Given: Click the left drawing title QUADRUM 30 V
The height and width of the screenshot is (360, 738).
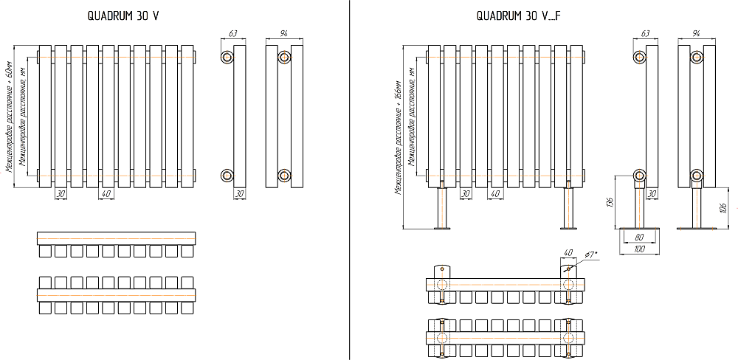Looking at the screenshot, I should (123, 15).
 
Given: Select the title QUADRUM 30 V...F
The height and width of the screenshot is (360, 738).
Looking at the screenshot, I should (519, 15).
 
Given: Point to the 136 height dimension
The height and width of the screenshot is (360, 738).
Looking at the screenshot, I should (610, 201).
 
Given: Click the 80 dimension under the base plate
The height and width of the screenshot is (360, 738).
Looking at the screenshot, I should (638, 238).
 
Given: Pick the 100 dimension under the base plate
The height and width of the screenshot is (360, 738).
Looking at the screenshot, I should (638, 249).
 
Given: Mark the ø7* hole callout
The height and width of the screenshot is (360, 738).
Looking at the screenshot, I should (590, 255).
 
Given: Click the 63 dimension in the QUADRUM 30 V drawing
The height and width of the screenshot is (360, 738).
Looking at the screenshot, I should (233, 34).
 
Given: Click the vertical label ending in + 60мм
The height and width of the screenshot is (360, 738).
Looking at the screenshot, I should (10, 117).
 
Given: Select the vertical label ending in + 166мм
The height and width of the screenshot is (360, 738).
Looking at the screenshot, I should (399, 136).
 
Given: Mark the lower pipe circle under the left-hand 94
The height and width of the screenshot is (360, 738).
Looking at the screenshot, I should (285, 175).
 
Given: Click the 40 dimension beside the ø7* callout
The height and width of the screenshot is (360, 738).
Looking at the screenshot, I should (568, 253).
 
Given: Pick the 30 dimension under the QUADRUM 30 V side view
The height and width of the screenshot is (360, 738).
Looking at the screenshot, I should (239, 193).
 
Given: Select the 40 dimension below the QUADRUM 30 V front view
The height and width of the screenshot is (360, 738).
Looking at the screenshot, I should (107, 193).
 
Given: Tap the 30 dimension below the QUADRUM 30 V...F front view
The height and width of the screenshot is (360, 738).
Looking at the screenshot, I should (465, 193).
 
